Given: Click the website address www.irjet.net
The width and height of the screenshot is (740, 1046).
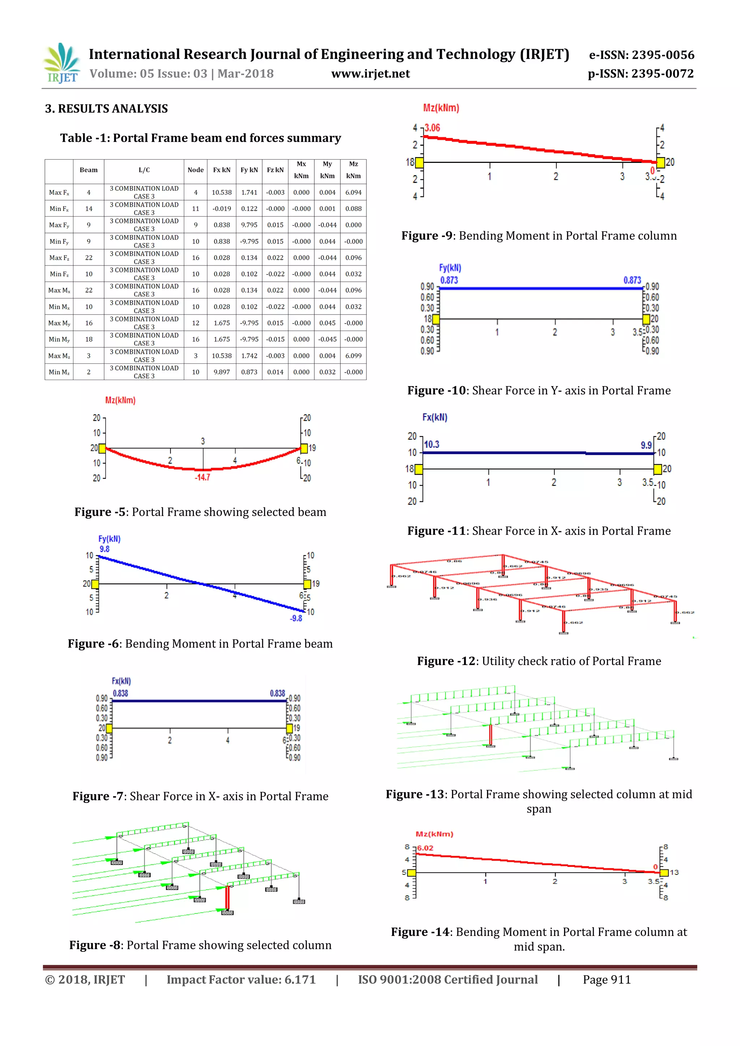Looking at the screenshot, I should pyautogui.click(x=370, y=74).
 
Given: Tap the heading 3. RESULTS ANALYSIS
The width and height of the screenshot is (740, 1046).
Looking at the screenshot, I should pyautogui.click(x=106, y=108).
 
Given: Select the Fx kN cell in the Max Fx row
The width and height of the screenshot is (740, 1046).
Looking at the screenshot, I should pyautogui.click(x=221, y=192).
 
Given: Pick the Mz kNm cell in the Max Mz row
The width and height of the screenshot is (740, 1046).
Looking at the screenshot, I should pyautogui.click(x=353, y=356).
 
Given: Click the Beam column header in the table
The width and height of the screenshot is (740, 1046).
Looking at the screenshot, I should pyautogui.click(x=89, y=170).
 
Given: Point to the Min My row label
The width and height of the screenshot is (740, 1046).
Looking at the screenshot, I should pyautogui.click(x=59, y=340).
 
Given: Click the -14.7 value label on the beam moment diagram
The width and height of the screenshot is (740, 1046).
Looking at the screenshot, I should pyautogui.click(x=202, y=477).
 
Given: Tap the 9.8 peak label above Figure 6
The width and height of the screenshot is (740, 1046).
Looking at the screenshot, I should pyautogui.click(x=104, y=549).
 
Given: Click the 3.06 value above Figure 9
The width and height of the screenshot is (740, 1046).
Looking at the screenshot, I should pyautogui.click(x=433, y=128).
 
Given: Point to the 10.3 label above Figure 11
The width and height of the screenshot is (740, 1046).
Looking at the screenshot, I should pyautogui.click(x=431, y=444).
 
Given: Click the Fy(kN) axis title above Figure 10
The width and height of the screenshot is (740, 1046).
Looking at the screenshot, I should pyautogui.click(x=450, y=268).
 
